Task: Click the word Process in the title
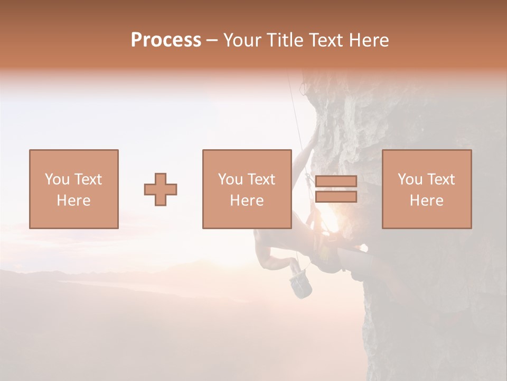tap(166, 40)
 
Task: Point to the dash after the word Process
tap(212, 41)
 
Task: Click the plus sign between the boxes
tap(161, 189)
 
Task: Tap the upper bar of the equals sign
tap(336, 182)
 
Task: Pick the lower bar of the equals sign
tap(336, 197)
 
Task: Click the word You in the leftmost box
tap(57, 179)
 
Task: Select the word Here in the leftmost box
tap(73, 201)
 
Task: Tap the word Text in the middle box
tap(261, 179)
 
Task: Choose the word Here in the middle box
tap(247, 201)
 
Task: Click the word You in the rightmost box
tap(410, 179)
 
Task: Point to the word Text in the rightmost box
tap(441, 179)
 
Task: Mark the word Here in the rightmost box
tap(426, 201)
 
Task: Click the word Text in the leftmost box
tap(88, 179)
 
